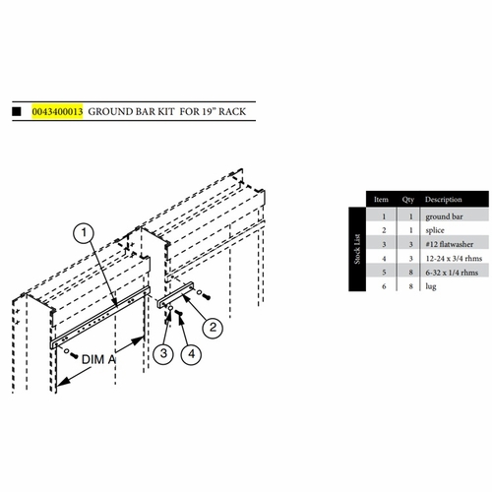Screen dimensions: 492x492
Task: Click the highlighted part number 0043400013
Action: point(57,112)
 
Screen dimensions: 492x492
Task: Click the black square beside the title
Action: point(17,112)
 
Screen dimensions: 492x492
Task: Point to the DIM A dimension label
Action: point(103,361)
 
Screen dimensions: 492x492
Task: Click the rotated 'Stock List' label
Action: point(359,241)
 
